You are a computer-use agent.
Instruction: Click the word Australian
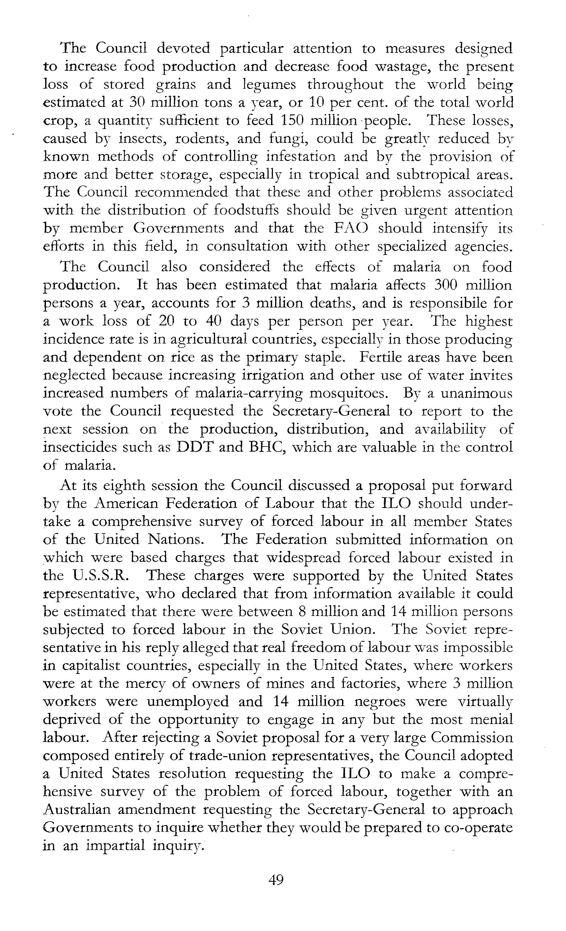pos(77,809)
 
